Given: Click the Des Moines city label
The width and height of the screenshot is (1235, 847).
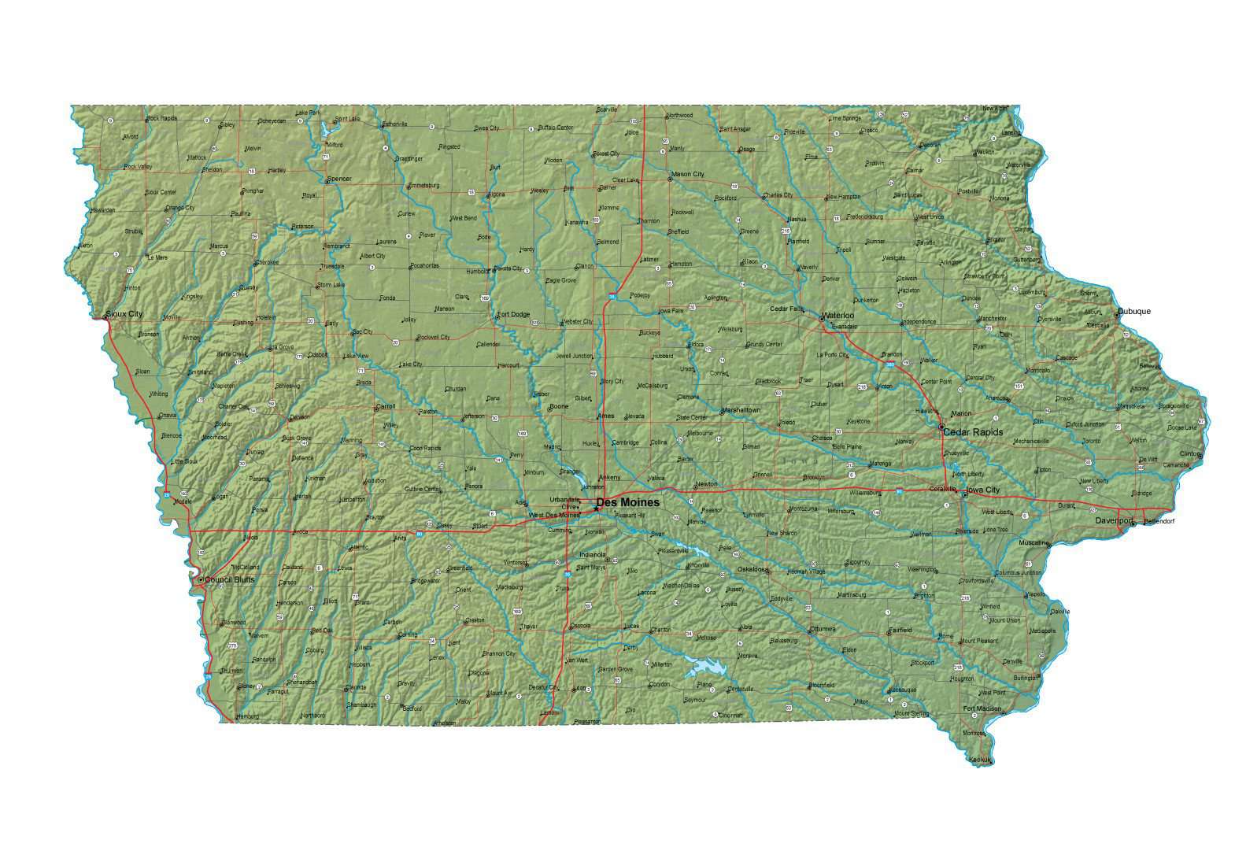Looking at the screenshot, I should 627,502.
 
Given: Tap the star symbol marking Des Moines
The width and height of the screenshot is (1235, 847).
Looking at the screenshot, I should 596,509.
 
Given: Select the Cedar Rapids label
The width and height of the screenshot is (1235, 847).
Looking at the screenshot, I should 973,432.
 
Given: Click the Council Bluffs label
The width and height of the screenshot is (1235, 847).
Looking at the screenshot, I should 229,579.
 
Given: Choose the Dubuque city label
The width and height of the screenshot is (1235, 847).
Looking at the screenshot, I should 1133,311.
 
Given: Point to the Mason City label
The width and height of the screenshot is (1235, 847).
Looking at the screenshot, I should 687,174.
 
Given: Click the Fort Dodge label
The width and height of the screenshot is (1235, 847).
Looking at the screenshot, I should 513,315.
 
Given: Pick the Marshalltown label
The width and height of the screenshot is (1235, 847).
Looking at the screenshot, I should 741,410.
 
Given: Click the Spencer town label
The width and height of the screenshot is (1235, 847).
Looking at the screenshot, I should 339,179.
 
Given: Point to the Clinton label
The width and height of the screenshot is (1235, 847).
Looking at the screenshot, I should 1189,454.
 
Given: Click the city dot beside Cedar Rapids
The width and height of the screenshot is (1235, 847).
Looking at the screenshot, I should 941,427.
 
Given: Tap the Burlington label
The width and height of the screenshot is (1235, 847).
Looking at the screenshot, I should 1026,678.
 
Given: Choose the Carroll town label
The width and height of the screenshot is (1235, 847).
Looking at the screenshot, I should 386,407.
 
